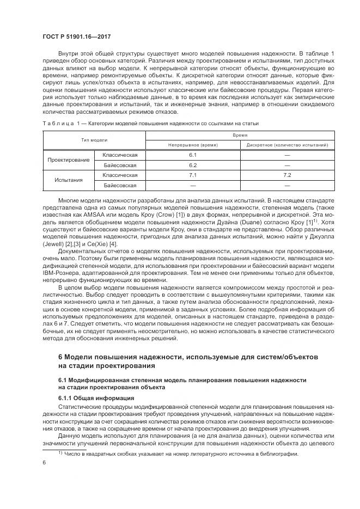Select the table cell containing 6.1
coord(192,155)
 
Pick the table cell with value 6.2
coord(192,165)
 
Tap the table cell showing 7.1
coord(192,175)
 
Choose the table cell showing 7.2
coord(286,175)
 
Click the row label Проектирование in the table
coord(68,160)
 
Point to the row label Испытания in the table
coord(68,180)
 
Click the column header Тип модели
coord(94,140)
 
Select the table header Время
coord(240,134)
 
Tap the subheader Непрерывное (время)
coord(192,145)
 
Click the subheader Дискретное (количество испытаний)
coord(286,145)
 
